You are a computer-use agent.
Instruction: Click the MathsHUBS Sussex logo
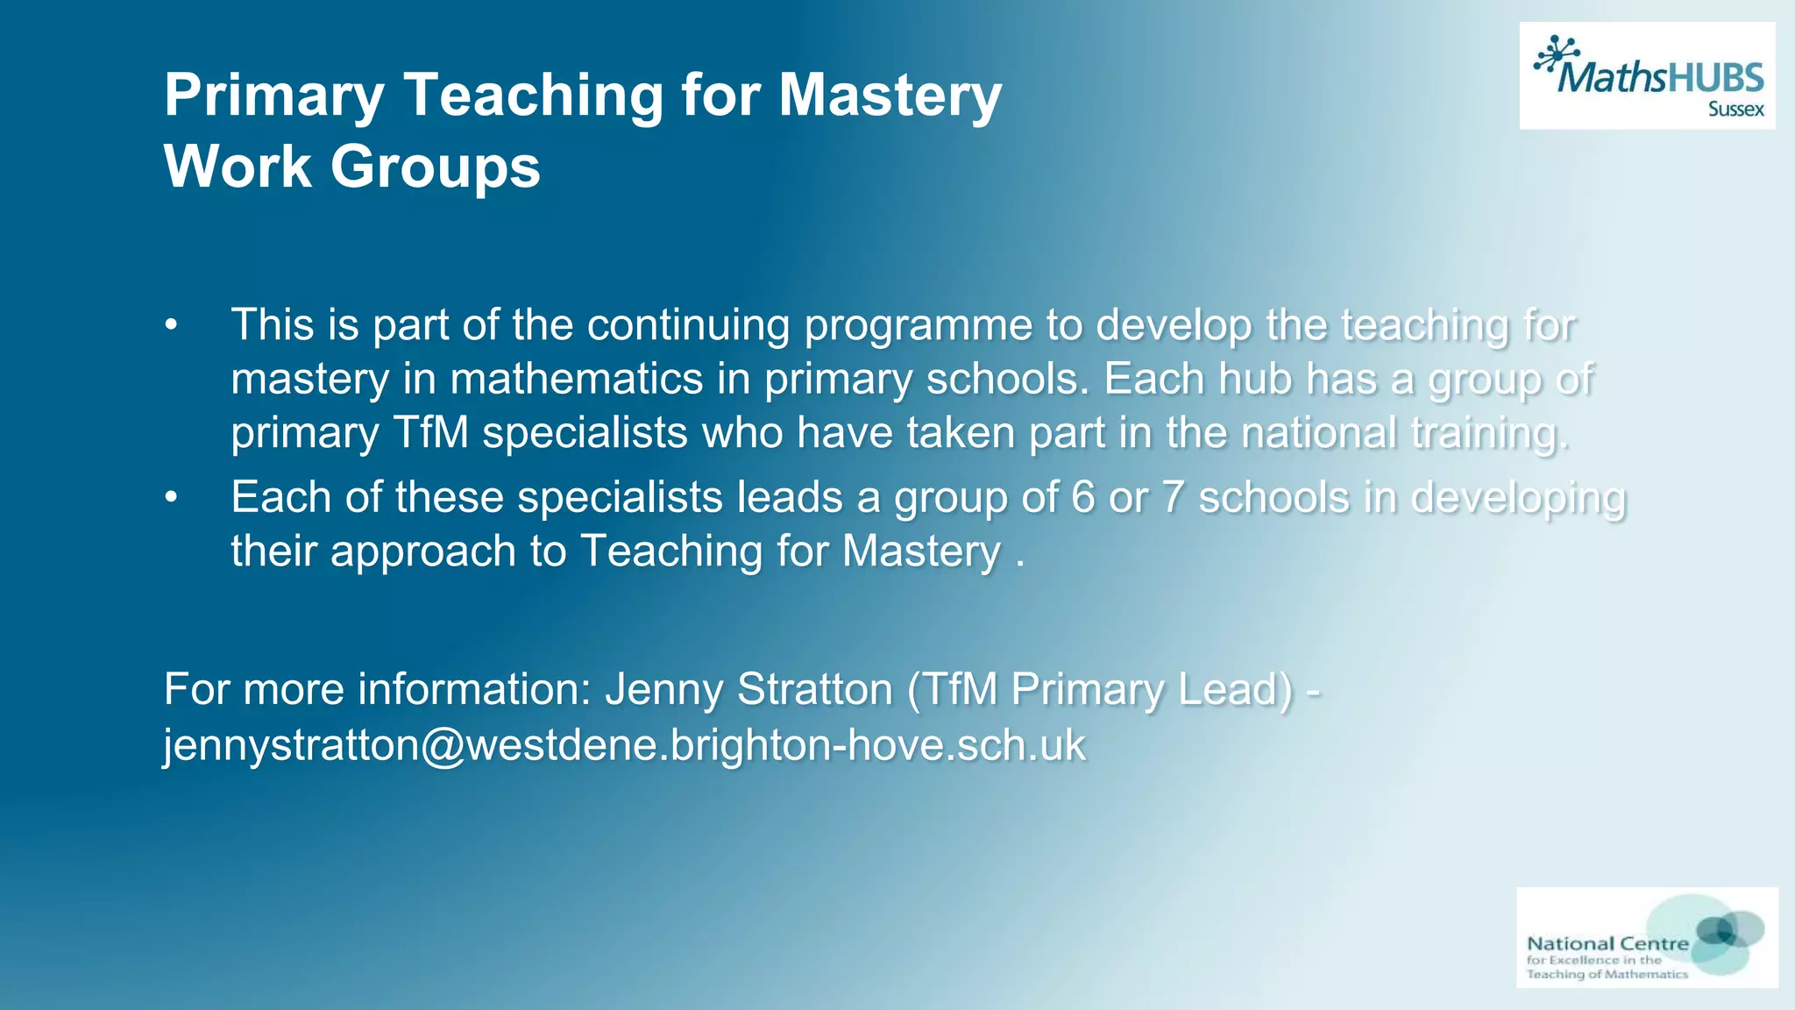pyautogui.click(x=1647, y=76)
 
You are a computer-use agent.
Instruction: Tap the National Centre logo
pyautogui.click(x=1647, y=937)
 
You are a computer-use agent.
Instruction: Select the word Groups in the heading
pyautogui.click(x=435, y=166)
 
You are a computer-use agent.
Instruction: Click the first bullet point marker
pyautogui.click(x=171, y=326)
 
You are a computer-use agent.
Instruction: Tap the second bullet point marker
pyautogui.click(x=171, y=498)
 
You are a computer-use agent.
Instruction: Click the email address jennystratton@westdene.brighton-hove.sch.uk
pyautogui.click(x=624, y=745)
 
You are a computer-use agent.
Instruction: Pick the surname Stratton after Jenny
pyautogui.click(x=815, y=689)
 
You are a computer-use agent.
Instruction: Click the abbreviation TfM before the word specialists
pyautogui.click(x=430, y=432)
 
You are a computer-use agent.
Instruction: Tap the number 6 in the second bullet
pyautogui.click(x=1083, y=498)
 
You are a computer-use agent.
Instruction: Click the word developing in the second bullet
pyautogui.click(x=1518, y=498)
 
